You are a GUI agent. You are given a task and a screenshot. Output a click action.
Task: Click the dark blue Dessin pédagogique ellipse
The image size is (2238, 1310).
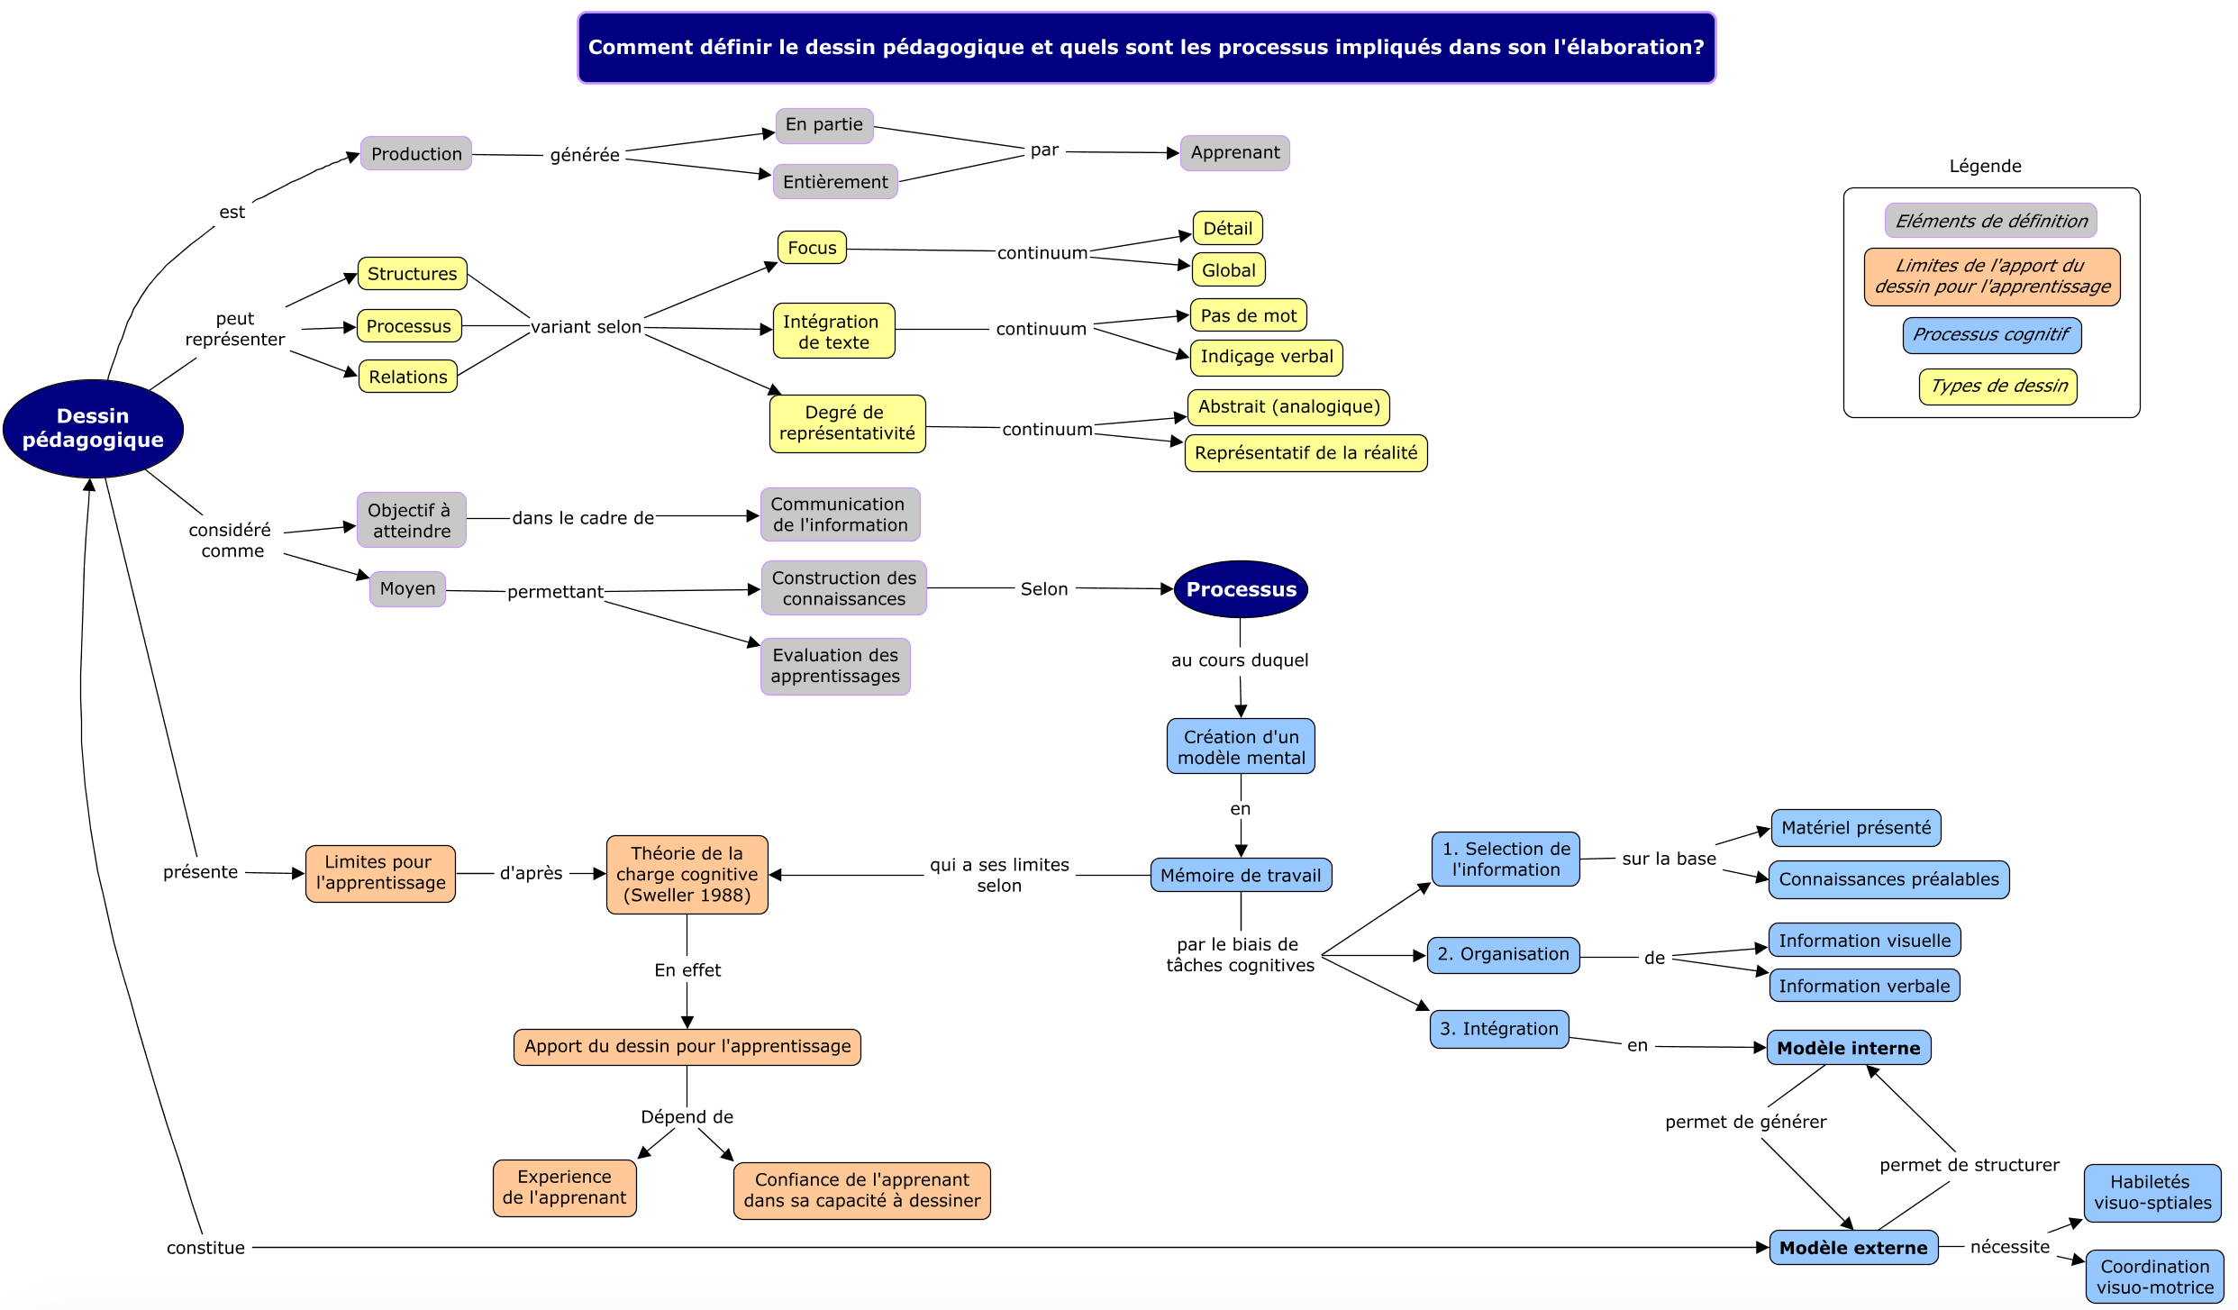point(93,428)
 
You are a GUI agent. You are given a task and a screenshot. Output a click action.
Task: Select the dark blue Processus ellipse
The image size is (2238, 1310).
point(1241,589)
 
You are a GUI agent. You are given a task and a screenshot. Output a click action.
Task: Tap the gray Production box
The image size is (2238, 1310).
point(416,154)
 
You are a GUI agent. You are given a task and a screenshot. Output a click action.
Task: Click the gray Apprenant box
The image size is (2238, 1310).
point(1234,153)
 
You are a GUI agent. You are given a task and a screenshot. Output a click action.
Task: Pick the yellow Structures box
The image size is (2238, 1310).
point(412,274)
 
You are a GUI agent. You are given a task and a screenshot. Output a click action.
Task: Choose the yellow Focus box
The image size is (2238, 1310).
point(812,248)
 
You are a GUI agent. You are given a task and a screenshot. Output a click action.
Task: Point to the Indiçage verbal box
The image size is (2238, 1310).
point(1266,357)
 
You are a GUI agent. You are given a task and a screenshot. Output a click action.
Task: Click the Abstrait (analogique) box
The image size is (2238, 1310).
point(1288,407)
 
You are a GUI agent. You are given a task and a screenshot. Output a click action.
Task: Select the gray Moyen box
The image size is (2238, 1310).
point(407,589)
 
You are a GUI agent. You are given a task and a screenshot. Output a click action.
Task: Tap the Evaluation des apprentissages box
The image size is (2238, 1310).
point(835,666)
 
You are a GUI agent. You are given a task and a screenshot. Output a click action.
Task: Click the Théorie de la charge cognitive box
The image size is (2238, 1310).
point(687,874)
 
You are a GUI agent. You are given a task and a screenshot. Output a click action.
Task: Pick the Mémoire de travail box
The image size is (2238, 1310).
point(1241,875)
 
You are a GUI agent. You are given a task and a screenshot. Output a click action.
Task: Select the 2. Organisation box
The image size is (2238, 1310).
point(1503,955)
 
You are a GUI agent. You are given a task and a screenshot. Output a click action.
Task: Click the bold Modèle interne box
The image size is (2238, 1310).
point(1848,1048)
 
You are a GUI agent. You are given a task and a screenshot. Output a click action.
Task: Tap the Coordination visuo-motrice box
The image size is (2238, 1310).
point(2154,1277)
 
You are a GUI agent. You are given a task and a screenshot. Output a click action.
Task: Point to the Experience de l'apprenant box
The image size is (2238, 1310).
point(564,1187)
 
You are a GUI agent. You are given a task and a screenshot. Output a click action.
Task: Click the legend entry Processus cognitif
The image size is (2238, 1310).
point(1991,335)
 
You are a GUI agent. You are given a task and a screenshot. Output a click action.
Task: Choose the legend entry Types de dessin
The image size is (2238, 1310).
point(1997,387)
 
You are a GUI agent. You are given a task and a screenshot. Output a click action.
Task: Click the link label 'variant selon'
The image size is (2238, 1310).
point(586,327)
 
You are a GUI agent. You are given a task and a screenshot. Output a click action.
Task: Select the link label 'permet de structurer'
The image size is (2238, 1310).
point(1969,1165)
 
